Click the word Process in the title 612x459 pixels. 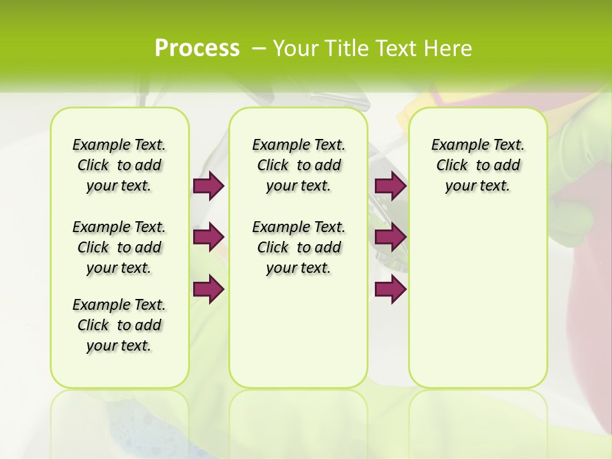coord(197,48)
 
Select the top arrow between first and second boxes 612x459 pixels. coord(208,186)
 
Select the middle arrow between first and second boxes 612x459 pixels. coord(208,237)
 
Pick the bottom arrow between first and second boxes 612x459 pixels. coord(208,289)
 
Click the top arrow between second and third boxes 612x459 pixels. coord(390,186)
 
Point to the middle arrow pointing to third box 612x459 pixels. coord(390,237)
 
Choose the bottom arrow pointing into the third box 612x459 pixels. coord(390,289)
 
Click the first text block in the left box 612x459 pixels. coord(119,165)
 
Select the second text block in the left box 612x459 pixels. coord(119,247)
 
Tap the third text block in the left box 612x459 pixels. coord(119,325)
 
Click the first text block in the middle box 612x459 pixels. coord(298,165)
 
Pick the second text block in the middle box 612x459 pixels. coord(298,247)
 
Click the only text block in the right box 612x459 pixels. coord(477,165)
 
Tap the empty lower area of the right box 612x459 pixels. coord(477,300)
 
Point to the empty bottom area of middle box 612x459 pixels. coord(298,338)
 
